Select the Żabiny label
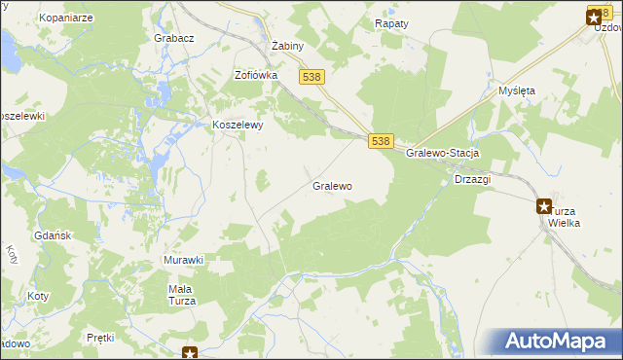288,46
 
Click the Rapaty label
392,23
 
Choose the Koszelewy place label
238,125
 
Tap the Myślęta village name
517,90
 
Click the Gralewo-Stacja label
443,155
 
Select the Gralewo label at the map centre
332,185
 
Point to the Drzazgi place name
472,180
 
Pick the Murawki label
183,260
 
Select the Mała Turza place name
181,294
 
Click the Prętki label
100,338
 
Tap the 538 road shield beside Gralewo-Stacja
382,141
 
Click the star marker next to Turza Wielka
544,204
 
